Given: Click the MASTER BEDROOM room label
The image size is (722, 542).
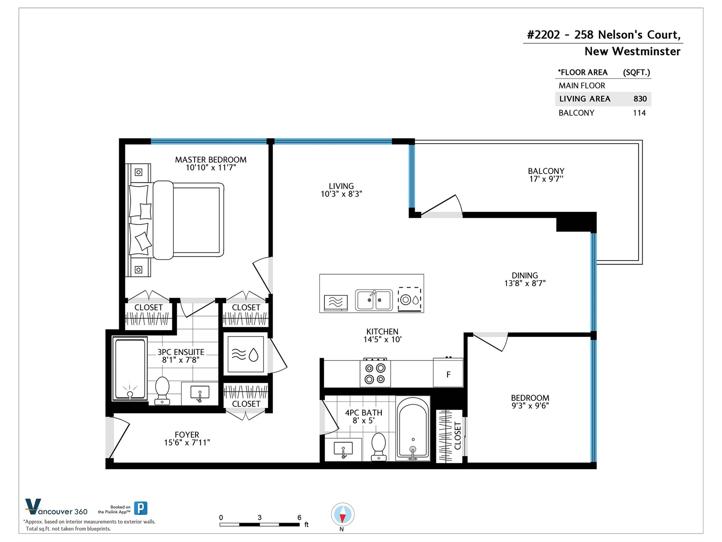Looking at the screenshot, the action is tap(211, 159).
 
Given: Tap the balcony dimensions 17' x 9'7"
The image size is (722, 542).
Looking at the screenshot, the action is tap(546, 179).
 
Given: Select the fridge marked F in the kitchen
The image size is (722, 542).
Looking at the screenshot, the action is tap(448, 372).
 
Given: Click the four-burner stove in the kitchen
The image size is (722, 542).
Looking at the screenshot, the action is tap(375, 373).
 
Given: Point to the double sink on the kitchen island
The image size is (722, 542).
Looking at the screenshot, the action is tap(374, 300).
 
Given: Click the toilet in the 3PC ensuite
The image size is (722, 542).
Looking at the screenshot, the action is tap(162, 391).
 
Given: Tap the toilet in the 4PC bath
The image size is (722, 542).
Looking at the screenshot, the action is tap(379, 447).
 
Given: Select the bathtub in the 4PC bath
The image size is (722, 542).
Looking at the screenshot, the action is tap(413, 428).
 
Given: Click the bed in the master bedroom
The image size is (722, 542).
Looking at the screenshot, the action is tap(188, 220).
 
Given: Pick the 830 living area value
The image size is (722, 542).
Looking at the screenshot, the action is tap(640, 99).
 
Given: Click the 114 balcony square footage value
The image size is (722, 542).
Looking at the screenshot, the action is tap(639, 113).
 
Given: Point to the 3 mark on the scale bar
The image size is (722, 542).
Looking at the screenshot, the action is tap(259, 517).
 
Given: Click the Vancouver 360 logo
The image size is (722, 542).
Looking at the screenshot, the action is tap(56, 507).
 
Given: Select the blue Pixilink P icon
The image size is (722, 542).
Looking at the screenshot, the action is tap(141, 508).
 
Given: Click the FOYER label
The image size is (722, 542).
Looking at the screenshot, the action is tap(187, 435).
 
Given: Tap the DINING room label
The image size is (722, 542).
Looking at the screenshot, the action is tap(525, 276).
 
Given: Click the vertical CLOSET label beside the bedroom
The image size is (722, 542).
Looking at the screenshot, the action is tap(458, 435).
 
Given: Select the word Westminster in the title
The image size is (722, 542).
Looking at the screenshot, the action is tap(646, 51).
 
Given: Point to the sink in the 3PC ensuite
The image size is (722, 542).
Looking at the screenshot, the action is tap(200, 393).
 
